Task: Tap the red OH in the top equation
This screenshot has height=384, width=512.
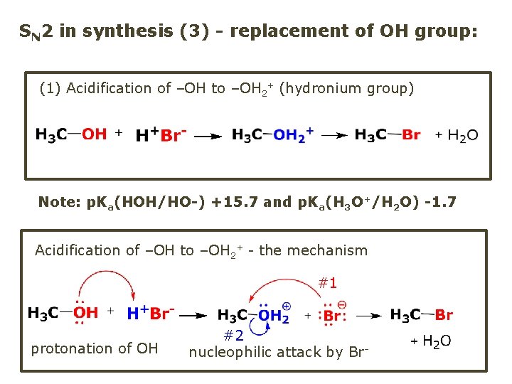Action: coord(94,134)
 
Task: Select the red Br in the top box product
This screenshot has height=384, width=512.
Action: coord(411,134)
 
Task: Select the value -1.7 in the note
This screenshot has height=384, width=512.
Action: coord(440,202)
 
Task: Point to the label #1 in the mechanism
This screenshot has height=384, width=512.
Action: coord(327,283)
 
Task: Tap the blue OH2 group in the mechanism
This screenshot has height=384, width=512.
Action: coord(274,315)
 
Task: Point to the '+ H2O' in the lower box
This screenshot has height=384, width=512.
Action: coord(432,341)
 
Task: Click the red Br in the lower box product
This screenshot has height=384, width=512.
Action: coord(444,315)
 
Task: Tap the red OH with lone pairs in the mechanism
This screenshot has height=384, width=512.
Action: coord(86,313)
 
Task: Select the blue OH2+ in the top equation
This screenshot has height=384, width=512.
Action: coord(293,135)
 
